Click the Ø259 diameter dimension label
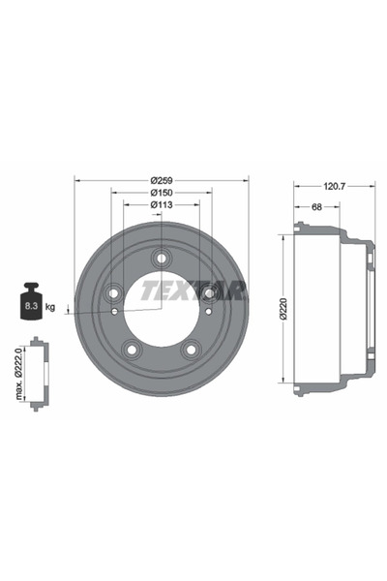pos(161,180)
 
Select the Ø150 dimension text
pos(161,193)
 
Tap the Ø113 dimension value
pos(161,205)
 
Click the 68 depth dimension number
pos(316,206)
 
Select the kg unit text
pos(50,307)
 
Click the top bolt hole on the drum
pos(161,258)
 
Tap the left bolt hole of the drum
pos(114,291)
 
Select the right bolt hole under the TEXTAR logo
pos(207,291)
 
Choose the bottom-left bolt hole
pos(132,347)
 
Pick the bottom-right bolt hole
pos(190,347)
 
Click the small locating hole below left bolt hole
pos(115,312)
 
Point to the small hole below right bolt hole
pos(207,312)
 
